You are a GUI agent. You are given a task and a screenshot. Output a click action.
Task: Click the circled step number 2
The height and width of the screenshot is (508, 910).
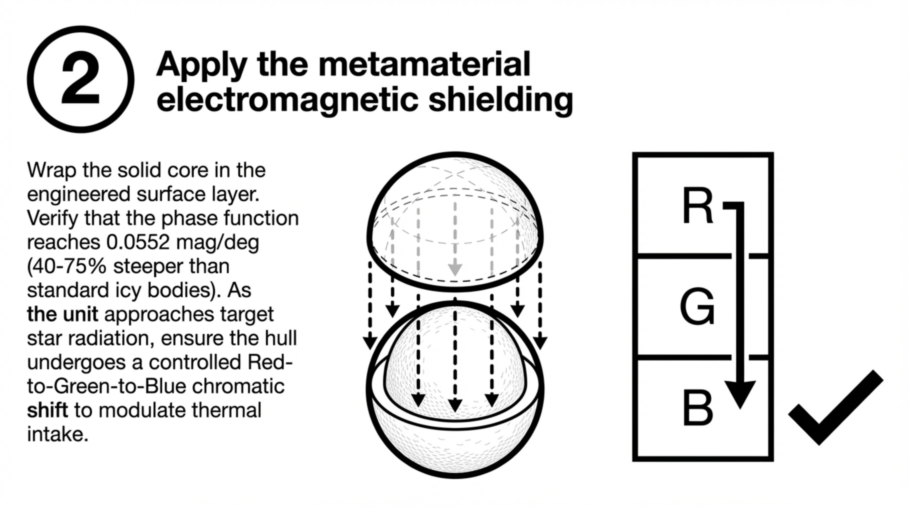click(x=81, y=79)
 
